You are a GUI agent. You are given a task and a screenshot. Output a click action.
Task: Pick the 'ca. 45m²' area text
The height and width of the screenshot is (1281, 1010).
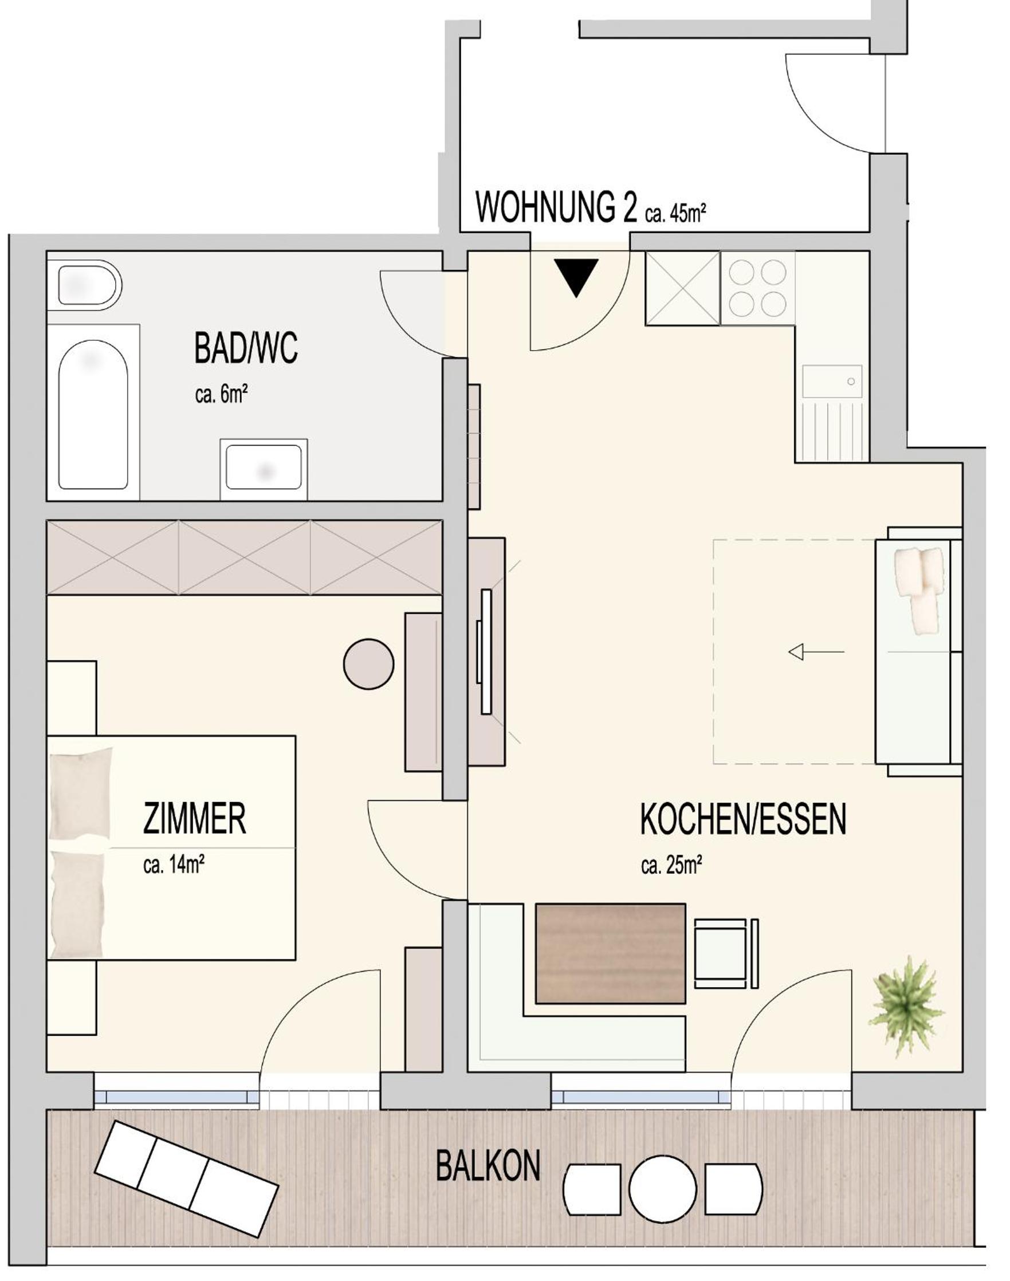click(676, 214)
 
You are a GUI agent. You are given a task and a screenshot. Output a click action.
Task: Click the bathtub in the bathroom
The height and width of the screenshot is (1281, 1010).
click(93, 415)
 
